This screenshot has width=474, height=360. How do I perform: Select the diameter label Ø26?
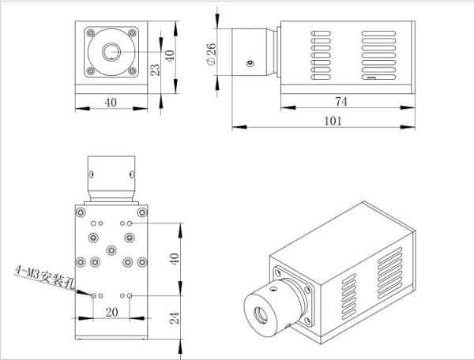pos(213,53)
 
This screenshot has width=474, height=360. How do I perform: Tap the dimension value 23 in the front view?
pos(156,69)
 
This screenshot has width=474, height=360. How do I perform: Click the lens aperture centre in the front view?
pos(111,52)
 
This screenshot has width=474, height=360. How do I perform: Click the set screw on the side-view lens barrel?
pos(250,64)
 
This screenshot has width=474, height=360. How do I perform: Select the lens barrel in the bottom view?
pos(111,178)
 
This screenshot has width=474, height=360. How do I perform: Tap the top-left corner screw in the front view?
pos(88,32)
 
